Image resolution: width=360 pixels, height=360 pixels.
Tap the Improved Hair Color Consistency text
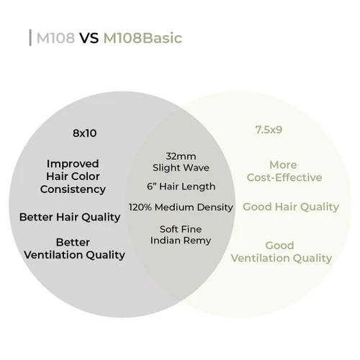73,176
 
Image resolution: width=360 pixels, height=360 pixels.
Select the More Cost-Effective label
283,171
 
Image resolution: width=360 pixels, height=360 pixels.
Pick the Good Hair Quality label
290,207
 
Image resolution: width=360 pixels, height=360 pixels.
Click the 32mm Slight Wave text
181,161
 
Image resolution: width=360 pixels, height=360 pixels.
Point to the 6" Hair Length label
181,187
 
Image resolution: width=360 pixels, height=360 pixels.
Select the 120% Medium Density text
181,207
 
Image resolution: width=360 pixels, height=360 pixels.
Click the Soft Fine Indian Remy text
181,234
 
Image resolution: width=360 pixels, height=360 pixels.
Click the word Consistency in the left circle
73,189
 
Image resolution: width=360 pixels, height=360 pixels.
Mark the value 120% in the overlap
141,207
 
